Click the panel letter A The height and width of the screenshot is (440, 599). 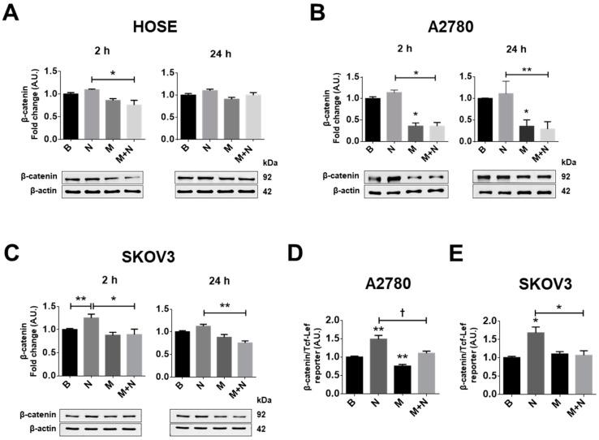click(x=11, y=14)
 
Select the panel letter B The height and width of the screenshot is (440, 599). click(x=317, y=14)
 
